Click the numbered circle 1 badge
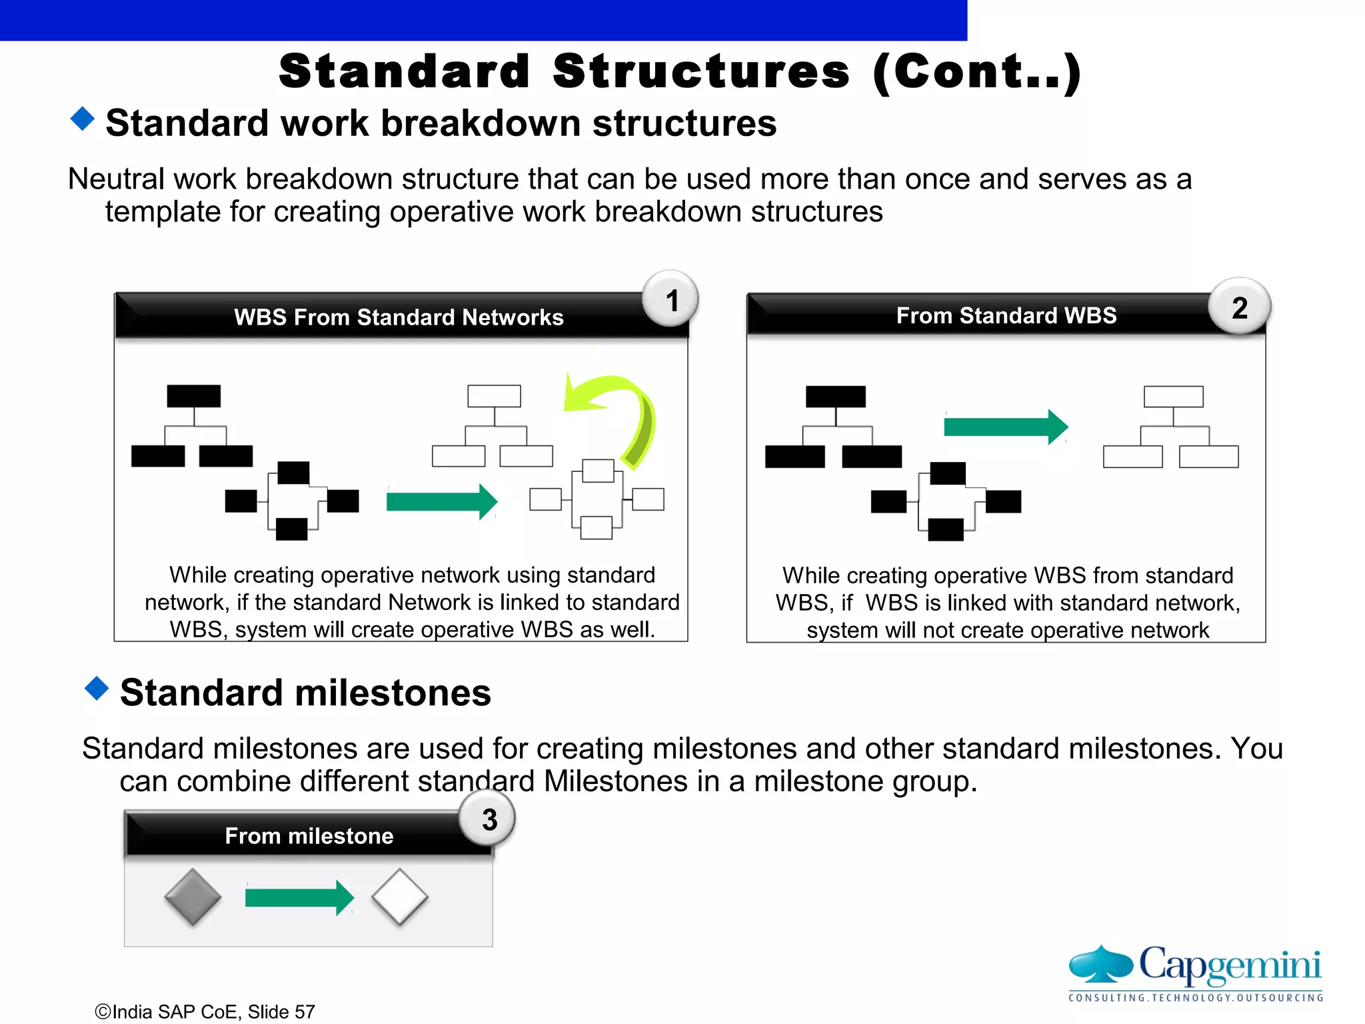point(671,299)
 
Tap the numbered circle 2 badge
point(1239,307)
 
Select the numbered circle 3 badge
point(489,819)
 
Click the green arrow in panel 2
point(1005,427)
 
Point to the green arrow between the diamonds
point(299,898)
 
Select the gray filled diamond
point(193,897)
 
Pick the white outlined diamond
point(400,897)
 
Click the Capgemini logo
point(1195,973)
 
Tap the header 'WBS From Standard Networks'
point(399,317)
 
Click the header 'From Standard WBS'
point(1006,315)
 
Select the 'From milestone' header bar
point(309,836)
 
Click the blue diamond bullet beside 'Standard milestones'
point(97,689)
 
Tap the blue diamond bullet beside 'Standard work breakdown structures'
point(83,119)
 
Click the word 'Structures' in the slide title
point(701,71)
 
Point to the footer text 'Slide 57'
point(281,1012)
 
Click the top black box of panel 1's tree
point(193,396)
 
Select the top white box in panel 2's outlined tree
point(1173,397)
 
